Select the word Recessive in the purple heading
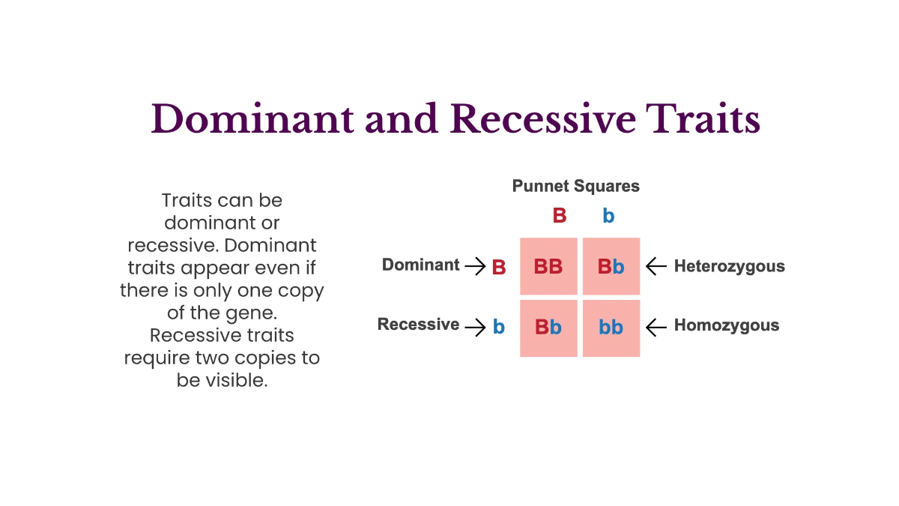(542, 118)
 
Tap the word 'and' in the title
(402, 118)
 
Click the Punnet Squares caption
(575, 186)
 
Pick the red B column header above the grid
(559, 216)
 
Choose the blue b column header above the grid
(608, 216)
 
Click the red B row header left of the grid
(499, 268)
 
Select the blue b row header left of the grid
(499, 327)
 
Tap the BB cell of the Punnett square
(548, 267)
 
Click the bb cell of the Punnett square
(611, 328)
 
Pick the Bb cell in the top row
(611, 267)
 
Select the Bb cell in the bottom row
(548, 328)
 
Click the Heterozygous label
(729, 266)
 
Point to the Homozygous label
(726, 325)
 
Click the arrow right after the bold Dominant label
(475, 266)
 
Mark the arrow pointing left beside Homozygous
(656, 326)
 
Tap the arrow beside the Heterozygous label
(656, 266)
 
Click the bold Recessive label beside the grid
(418, 325)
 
